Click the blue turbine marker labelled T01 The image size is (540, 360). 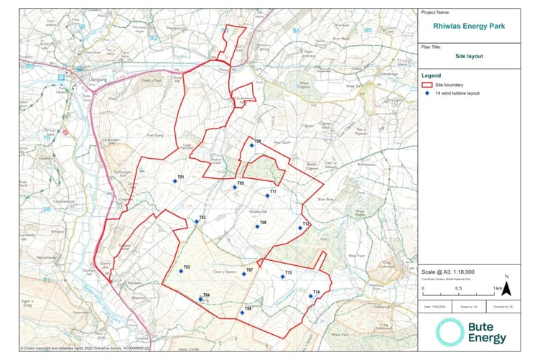point(174,181)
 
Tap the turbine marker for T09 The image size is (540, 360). point(252,145)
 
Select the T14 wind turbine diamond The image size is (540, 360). point(310,296)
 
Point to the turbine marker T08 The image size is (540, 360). point(242,313)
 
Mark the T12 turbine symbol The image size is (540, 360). point(300,228)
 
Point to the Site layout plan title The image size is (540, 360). point(470,55)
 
